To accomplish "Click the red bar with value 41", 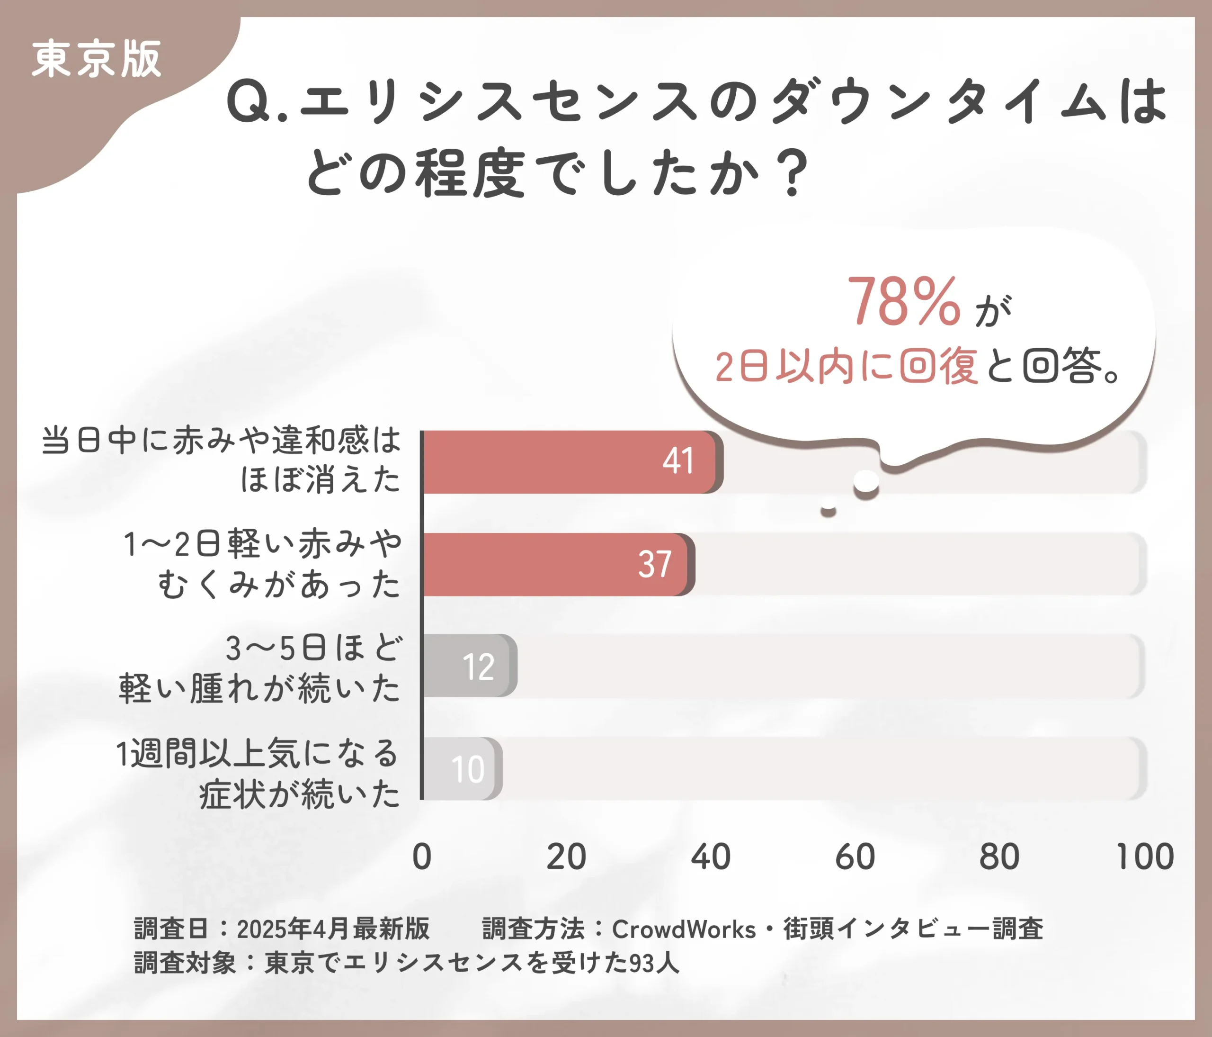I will pyautogui.click(x=570, y=462).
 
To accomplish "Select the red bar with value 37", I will pyautogui.click(x=556, y=564).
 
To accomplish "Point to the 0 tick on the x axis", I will pyautogui.click(x=422, y=857).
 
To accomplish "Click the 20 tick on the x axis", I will pyautogui.click(x=566, y=857).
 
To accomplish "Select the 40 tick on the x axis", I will pyautogui.click(x=710, y=857).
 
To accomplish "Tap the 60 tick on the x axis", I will pyautogui.click(x=855, y=857).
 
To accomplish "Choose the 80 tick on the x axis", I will pyautogui.click(x=999, y=857).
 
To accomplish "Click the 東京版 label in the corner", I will pyautogui.click(x=97, y=59).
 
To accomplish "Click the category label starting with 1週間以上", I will pyautogui.click(x=258, y=773).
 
